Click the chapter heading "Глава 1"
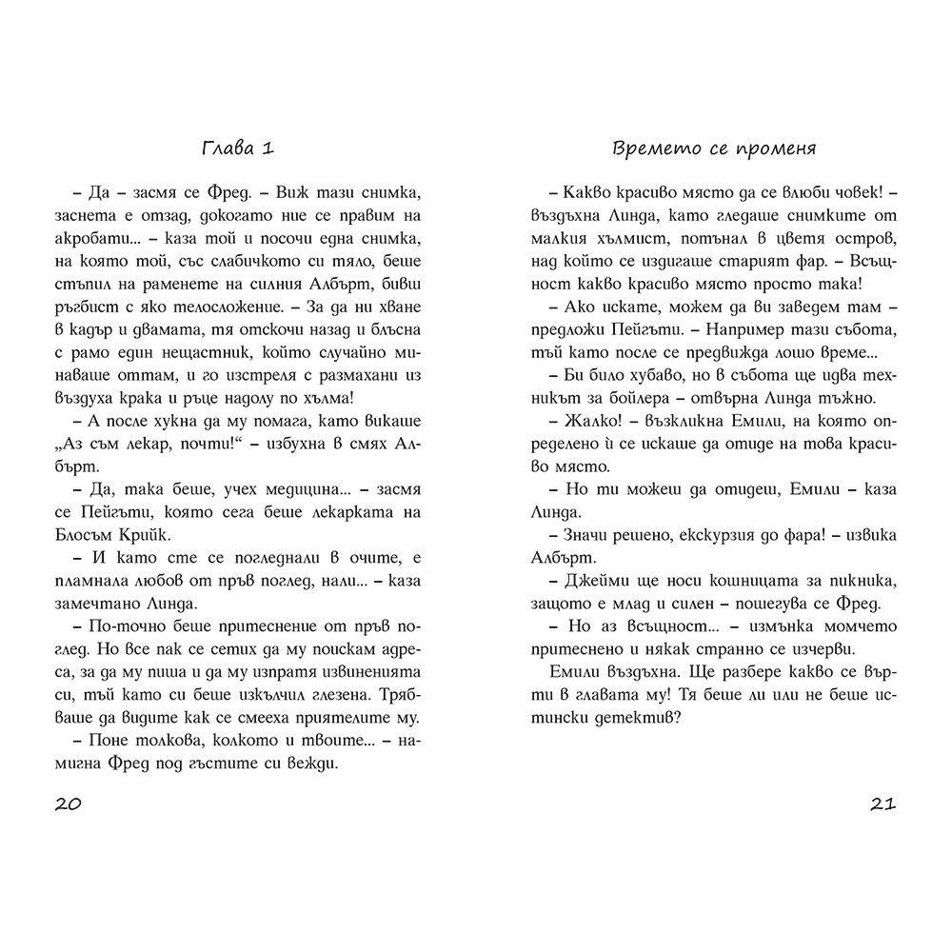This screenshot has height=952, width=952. pos(238,149)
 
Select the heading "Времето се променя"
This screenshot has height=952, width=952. pos(714,149)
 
